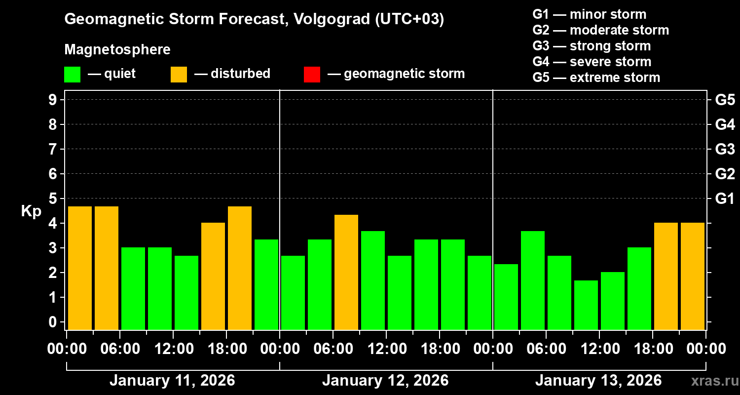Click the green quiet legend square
(x=72, y=74)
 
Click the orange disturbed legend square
(x=179, y=74)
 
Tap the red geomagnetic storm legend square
(x=312, y=74)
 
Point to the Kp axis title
(x=31, y=211)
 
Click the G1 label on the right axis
(x=725, y=199)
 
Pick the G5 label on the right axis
(x=725, y=100)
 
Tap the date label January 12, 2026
(x=385, y=381)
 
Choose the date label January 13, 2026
(x=598, y=381)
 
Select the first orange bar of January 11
(x=80, y=268)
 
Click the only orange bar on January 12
(x=346, y=272)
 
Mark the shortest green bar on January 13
(x=586, y=305)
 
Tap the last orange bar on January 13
(x=693, y=276)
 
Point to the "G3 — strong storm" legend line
(x=592, y=46)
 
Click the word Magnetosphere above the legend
(x=117, y=50)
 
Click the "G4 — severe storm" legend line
(x=592, y=62)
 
